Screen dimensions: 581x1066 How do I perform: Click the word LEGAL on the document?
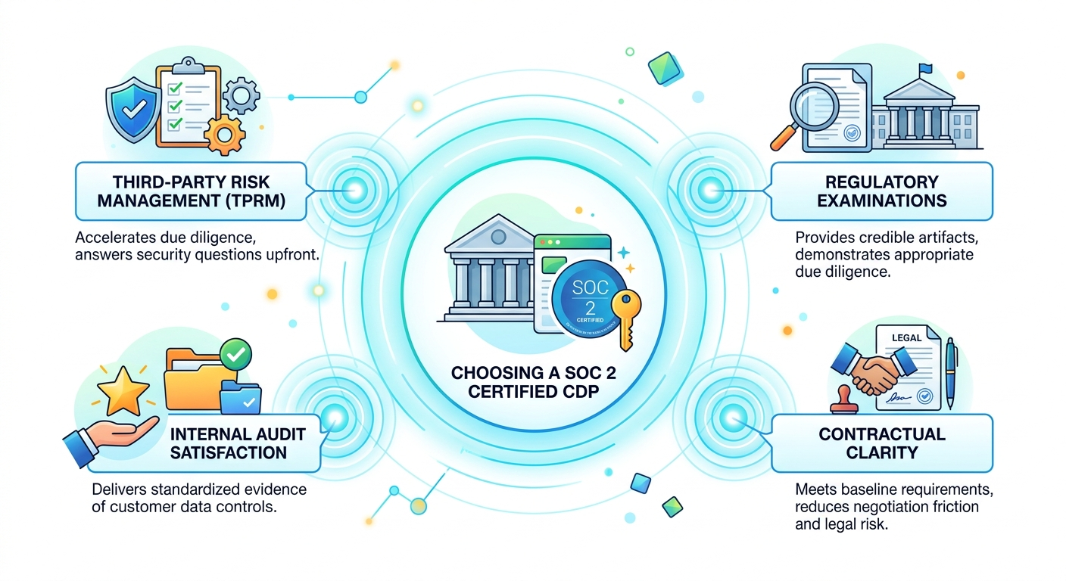tap(906, 337)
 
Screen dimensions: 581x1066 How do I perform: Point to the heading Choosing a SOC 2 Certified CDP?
tap(533, 384)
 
